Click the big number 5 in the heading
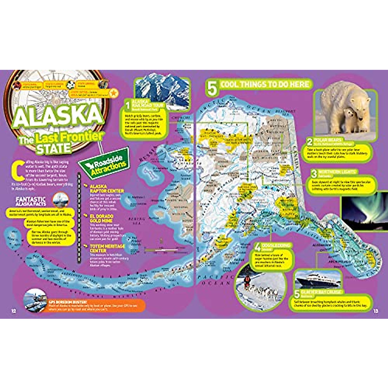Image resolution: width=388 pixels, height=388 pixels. (x=211, y=88)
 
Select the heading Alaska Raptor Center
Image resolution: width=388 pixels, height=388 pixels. (x=106, y=189)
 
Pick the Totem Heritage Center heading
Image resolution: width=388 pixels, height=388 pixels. (x=102, y=248)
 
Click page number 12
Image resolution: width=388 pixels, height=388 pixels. (x=14, y=311)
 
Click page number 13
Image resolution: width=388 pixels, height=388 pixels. (x=375, y=311)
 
